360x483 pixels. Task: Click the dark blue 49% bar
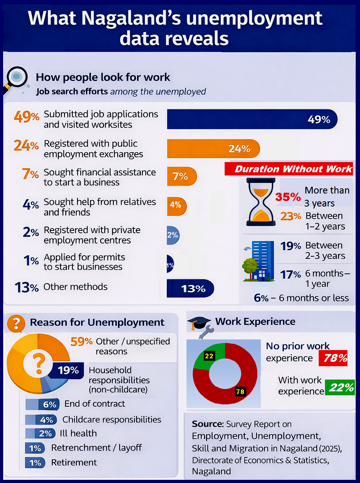click(x=252, y=119)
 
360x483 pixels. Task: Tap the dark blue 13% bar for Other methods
click(x=190, y=289)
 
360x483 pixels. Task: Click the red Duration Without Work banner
click(x=289, y=169)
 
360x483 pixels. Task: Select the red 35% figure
click(x=288, y=197)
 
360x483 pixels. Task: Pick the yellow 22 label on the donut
click(x=209, y=356)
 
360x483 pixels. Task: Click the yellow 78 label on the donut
click(x=240, y=391)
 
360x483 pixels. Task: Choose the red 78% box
click(x=335, y=358)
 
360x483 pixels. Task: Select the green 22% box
click(x=341, y=387)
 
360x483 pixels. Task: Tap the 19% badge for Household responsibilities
click(x=68, y=371)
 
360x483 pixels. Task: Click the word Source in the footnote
click(x=207, y=424)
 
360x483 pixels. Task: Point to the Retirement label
click(x=74, y=463)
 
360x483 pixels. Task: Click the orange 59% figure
click(x=81, y=341)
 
